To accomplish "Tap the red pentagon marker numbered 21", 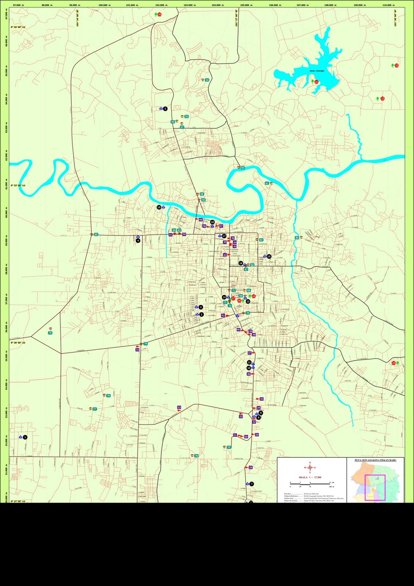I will (316, 82).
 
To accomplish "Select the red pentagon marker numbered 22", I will (396, 66).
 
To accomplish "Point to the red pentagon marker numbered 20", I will (159, 14).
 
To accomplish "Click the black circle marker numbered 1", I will (25, 437).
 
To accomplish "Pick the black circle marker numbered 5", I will (165, 109).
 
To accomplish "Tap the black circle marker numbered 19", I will (159, 207).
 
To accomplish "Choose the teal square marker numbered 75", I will (50, 333).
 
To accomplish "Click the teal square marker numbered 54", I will (207, 80).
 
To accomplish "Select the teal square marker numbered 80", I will (297, 238).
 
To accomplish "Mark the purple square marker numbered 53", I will (179, 407).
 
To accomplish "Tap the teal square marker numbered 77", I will (95, 409).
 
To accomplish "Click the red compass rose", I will (310, 467).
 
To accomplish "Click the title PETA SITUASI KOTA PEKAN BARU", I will (375, 460).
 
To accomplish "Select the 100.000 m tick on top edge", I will (105, 5).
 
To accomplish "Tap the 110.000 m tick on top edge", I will (388, 5).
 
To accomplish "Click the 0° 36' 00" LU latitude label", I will (18, 27).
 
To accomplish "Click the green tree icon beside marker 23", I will (377, 99).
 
